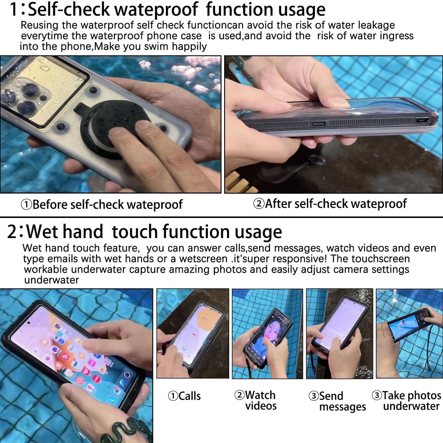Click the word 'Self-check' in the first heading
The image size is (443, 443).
tap(69, 9)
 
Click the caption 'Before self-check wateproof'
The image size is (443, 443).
tap(102, 204)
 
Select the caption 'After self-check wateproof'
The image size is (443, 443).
tap(330, 204)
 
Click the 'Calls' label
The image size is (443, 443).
tap(185, 396)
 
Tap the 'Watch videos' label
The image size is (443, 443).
tap(256, 400)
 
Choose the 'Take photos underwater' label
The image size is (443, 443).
tap(407, 400)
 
